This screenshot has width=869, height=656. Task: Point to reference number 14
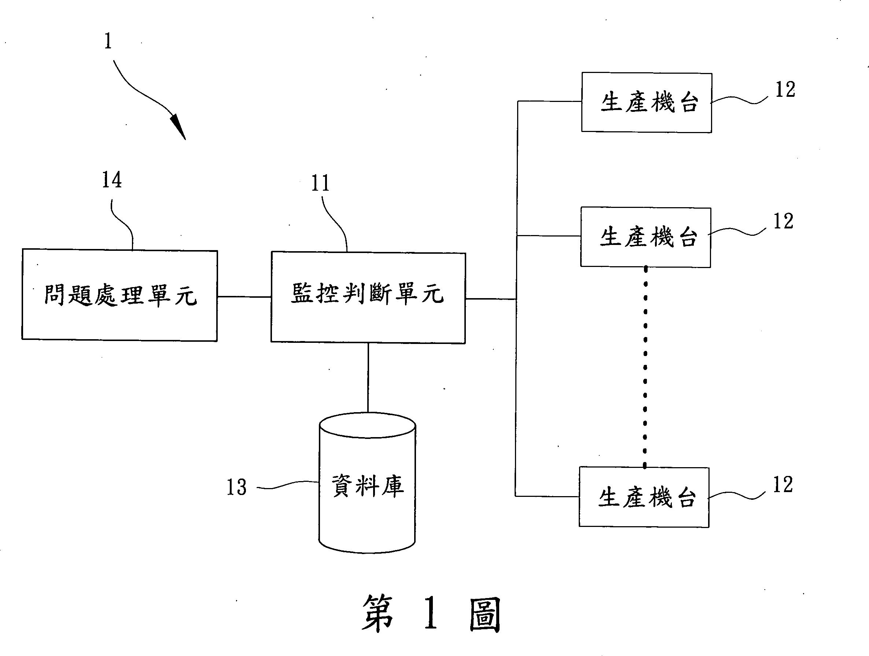(x=112, y=180)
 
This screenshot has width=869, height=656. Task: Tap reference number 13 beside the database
(x=236, y=487)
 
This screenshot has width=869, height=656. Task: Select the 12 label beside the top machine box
(x=785, y=89)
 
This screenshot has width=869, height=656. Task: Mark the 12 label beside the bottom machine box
(x=783, y=485)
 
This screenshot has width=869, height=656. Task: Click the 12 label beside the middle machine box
(x=783, y=221)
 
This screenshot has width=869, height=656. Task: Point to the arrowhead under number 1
(x=179, y=126)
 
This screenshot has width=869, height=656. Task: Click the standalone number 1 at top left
(x=108, y=41)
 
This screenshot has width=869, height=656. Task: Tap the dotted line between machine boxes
(x=645, y=367)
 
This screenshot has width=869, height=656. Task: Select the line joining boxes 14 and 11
(x=244, y=297)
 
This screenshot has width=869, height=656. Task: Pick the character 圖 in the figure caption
(x=485, y=615)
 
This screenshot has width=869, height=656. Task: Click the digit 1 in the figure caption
(x=431, y=613)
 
